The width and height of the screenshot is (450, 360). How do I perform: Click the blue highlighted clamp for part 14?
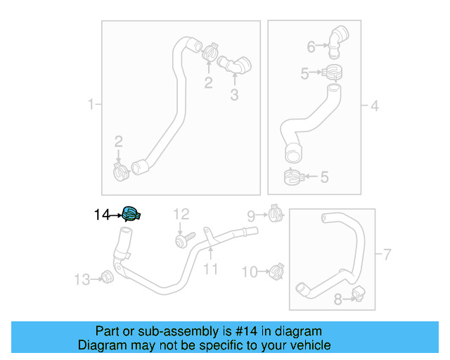(x=131, y=214)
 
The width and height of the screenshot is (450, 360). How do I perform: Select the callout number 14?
(x=102, y=215)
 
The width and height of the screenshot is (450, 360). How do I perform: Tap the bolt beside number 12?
(x=181, y=240)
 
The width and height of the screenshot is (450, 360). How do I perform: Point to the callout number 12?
(x=181, y=214)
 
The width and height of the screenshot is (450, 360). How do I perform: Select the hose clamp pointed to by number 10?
(x=276, y=269)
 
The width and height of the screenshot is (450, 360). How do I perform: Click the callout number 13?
(x=82, y=280)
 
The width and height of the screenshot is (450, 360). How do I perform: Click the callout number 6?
(x=311, y=47)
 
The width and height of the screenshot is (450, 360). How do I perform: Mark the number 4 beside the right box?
(x=374, y=106)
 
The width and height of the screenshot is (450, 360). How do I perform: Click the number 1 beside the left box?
(x=91, y=105)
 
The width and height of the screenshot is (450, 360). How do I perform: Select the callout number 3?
(x=234, y=95)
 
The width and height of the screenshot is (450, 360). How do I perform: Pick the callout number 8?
(x=337, y=300)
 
